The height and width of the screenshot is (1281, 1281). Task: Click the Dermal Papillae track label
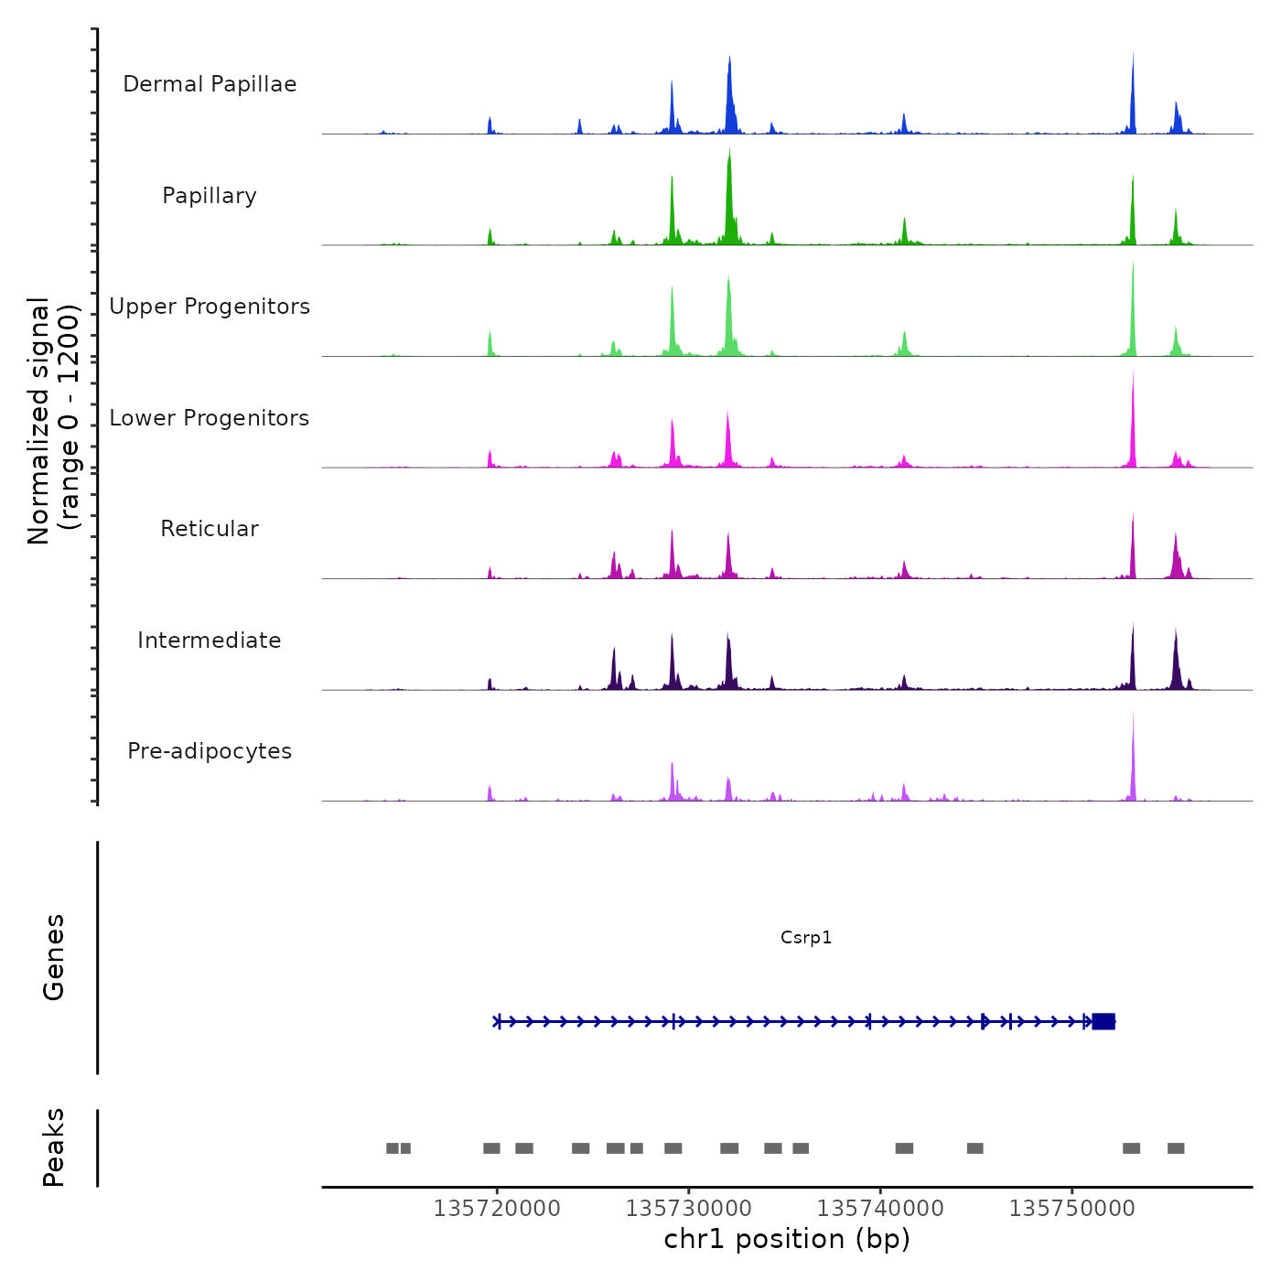pyautogui.click(x=210, y=84)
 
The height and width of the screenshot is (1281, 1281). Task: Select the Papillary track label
pyautogui.click(x=210, y=196)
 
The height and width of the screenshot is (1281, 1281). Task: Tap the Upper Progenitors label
pyautogui.click(x=210, y=307)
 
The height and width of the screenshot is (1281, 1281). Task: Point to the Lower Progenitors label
pyautogui.click(x=210, y=418)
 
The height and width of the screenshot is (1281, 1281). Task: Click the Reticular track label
pyautogui.click(x=210, y=529)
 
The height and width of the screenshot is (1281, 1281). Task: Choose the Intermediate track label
pyautogui.click(x=210, y=640)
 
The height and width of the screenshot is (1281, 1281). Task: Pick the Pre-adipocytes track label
pyautogui.click(x=210, y=751)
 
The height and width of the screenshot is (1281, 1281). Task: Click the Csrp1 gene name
pyautogui.click(x=806, y=937)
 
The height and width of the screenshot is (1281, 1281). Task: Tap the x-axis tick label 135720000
pyautogui.click(x=497, y=1208)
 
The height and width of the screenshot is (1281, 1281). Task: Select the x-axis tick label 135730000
pyautogui.click(x=689, y=1208)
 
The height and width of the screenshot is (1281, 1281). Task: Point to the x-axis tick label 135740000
pyautogui.click(x=880, y=1208)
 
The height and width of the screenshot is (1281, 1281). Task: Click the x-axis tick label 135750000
pyautogui.click(x=1072, y=1208)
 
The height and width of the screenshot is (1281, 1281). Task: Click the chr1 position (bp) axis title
pyautogui.click(x=787, y=1239)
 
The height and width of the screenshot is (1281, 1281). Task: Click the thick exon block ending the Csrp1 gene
pyautogui.click(x=1103, y=1021)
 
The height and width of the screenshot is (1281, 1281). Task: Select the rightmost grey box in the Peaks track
pyautogui.click(x=1176, y=1148)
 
